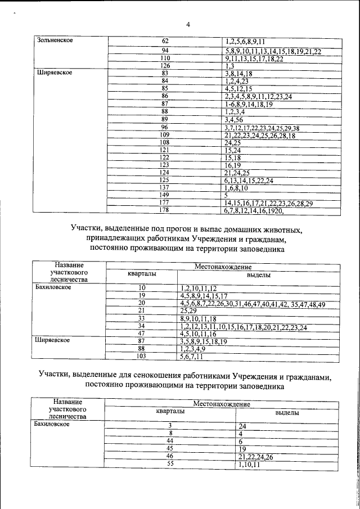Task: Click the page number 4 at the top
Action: pyautogui.click(x=188, y=24)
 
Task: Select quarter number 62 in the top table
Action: pyautogui.click(x=165, y=41)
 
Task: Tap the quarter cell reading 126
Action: pyautogui.click(x=165, y=66)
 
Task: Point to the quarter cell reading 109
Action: pyautogui.click(x=165, y=135)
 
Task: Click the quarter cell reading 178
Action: pyautogui.click(x=164, y=210)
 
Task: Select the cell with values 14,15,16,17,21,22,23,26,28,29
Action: pyautogui.click(x=268, y=202)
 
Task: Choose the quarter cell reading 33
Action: pyautogui.click(x=142, y=318)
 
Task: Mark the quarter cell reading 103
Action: pyautogui.click(x=142, y=357)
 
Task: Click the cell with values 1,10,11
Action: pyautogui.click(x=249, y=465)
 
